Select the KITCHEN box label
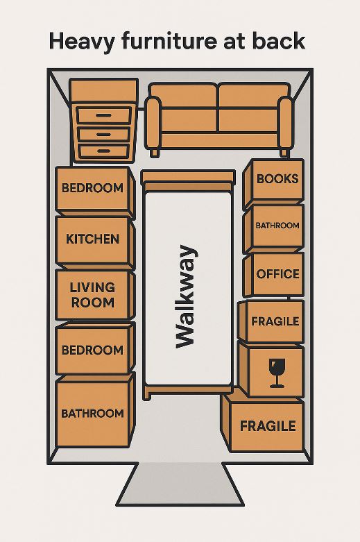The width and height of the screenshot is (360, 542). click(92, 239)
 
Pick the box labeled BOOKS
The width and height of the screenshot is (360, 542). click(273, 184)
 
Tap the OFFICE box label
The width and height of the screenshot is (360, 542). click(277, 274)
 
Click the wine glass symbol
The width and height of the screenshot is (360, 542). click(277, 373)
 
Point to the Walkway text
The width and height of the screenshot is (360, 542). click(186, 296)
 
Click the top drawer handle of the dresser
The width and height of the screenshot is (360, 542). click(103, 115)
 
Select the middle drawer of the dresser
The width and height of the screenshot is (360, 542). click(103, 134)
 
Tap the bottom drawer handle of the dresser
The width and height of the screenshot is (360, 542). click(103, 151)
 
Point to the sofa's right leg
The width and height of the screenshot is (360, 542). click(284, 153)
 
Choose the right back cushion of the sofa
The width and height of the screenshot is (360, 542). click(254, 95)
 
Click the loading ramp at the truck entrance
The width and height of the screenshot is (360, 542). click(180, 484)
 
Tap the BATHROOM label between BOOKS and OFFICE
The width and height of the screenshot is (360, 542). click(277, 226)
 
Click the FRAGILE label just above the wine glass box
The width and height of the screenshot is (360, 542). click(275, 321)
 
